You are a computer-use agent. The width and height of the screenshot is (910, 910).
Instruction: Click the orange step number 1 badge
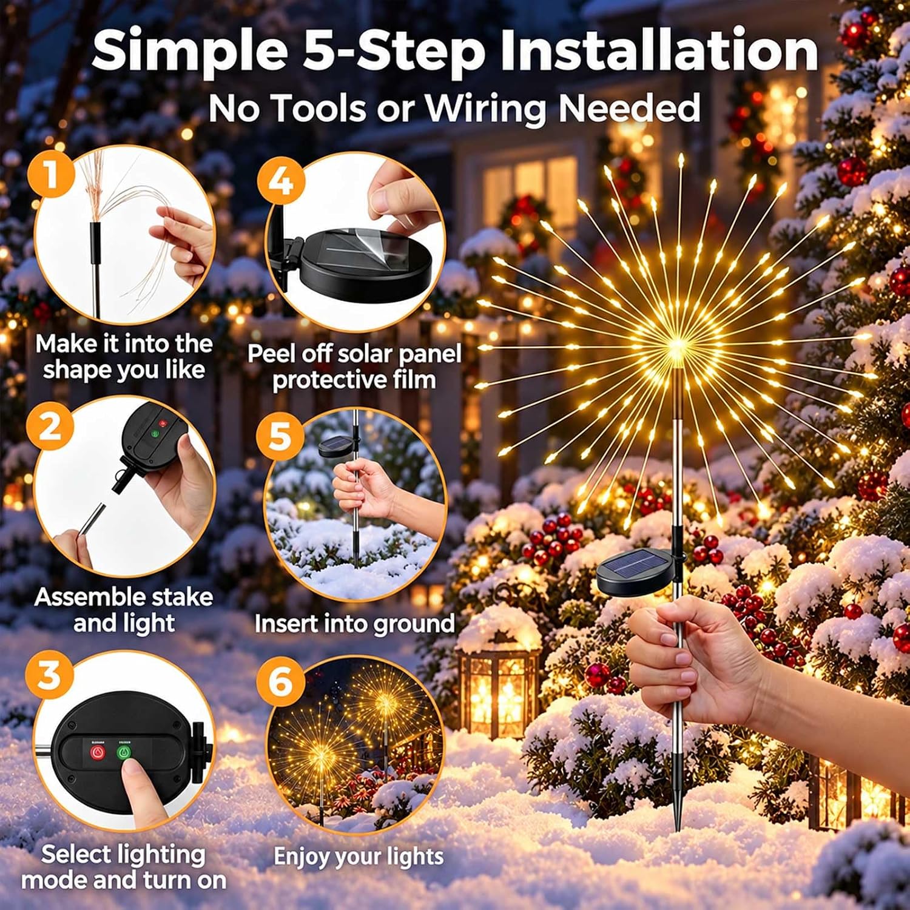pos(51,174)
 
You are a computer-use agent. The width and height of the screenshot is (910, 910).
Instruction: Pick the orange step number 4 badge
pos(280,180)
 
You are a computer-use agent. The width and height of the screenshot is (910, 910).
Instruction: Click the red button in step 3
pos(98,753)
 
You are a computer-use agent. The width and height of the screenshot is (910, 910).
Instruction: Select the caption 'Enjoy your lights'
pos(359,857)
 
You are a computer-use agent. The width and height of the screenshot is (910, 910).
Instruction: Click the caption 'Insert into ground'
pos(354,624)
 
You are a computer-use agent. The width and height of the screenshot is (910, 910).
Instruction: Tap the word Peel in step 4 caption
pos(271,354)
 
